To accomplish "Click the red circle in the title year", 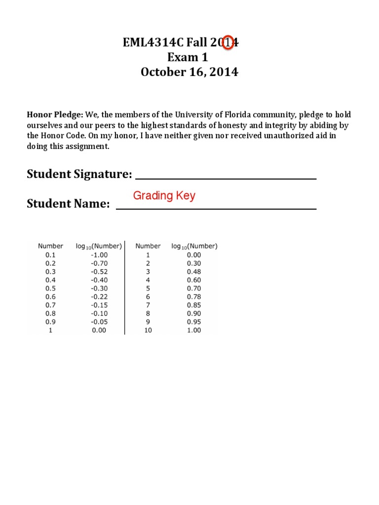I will tap(227, 43).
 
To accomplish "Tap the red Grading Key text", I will tap(164, 196).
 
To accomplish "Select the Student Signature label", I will tap(79, 174).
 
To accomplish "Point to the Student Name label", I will tap(68, 204).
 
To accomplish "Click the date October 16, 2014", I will tap(189, 72).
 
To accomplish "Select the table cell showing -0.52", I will tap(99, 272).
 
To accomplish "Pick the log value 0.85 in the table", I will tap(194, 305).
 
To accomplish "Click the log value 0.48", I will tap(194, 272).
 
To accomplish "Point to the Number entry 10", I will tap(148, 330).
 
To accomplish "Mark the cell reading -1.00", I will tap(99, 255).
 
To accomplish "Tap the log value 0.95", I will tap(194, 322).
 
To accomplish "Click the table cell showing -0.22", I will tap(99, 297).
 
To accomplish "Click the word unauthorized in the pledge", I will tap(280, 136).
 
